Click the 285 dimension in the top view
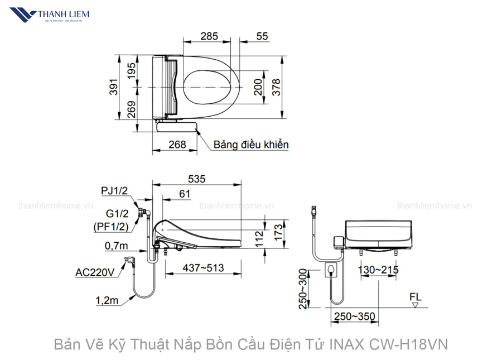[209, 36]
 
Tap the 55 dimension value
[262, 36]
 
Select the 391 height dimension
[113, 87]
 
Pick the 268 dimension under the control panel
[177, 145]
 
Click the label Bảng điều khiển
[250, 145]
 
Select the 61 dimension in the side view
[185, 194]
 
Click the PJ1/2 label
[114, 191]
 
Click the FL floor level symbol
[416, 300]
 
